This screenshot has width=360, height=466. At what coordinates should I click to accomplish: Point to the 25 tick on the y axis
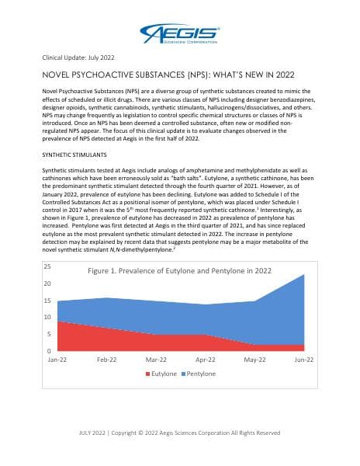47,266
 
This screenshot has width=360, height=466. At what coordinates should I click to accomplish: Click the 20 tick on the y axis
47,283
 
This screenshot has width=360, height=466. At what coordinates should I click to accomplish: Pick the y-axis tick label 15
47,301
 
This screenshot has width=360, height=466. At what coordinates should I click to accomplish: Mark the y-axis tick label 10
47,318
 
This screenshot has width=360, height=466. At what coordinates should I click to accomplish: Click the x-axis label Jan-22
57,360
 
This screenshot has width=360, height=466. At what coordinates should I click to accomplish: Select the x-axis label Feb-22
106,360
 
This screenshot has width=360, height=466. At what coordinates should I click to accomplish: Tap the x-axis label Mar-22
156,360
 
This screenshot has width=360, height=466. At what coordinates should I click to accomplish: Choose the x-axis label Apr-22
205,360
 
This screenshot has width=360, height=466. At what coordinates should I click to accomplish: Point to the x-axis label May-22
254,360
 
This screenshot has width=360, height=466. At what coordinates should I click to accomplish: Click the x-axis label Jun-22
303,360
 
